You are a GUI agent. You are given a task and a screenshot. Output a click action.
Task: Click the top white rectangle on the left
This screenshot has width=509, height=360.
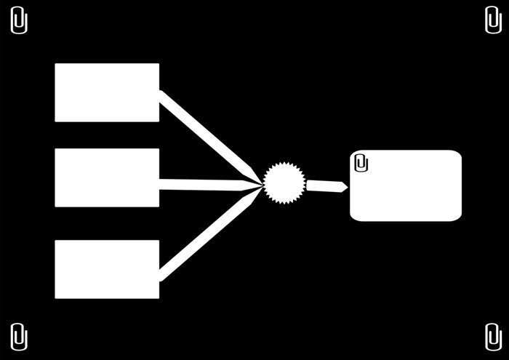107,92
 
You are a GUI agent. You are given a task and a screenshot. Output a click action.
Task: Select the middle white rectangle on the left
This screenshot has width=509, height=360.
107,177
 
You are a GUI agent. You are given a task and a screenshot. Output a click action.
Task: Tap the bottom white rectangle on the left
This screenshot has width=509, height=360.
107,269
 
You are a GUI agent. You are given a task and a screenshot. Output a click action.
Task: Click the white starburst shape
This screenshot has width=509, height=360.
282,183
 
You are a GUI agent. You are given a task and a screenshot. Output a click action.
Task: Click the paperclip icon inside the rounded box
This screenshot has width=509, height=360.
361,162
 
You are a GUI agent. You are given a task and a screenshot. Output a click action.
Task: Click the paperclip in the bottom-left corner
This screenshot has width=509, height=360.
20,337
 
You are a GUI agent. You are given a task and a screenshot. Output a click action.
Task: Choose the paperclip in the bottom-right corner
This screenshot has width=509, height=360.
492,337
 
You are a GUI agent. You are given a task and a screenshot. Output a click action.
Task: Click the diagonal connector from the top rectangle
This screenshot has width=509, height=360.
207,135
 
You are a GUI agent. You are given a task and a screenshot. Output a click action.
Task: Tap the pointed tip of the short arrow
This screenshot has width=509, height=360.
347,188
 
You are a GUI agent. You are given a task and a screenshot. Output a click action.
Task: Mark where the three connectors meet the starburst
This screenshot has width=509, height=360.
262,184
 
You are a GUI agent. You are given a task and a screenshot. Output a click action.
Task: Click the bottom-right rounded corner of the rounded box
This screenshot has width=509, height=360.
457,216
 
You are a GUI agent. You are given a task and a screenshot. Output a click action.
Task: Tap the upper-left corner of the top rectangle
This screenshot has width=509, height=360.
57,65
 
